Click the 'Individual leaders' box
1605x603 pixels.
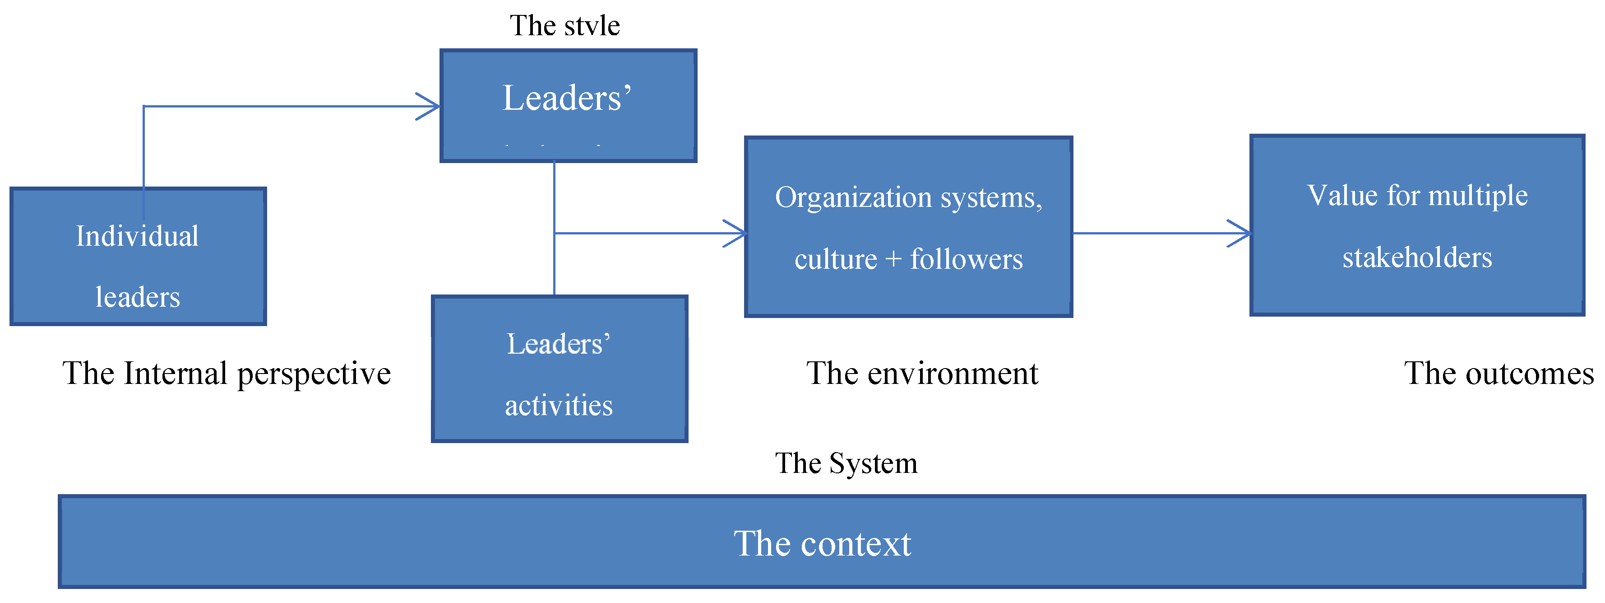[138, 256]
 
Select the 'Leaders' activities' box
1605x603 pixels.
[559, 369]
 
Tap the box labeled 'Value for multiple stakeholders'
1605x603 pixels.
[1417, 225]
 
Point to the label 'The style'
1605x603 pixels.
[564, 26]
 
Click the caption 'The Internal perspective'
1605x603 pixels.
[226, 374]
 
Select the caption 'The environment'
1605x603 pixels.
[922, 374]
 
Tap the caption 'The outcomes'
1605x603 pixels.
[1499, 374]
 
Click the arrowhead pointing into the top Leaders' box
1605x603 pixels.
[432, 107]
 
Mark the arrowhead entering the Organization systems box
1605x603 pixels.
[738, 233]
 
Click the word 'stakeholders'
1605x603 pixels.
[1417, 257]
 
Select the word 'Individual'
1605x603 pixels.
[137, 236]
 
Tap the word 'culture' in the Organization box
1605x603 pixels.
[835, 259]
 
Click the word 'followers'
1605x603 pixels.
[967, 259]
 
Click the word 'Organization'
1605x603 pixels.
[853, 198]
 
